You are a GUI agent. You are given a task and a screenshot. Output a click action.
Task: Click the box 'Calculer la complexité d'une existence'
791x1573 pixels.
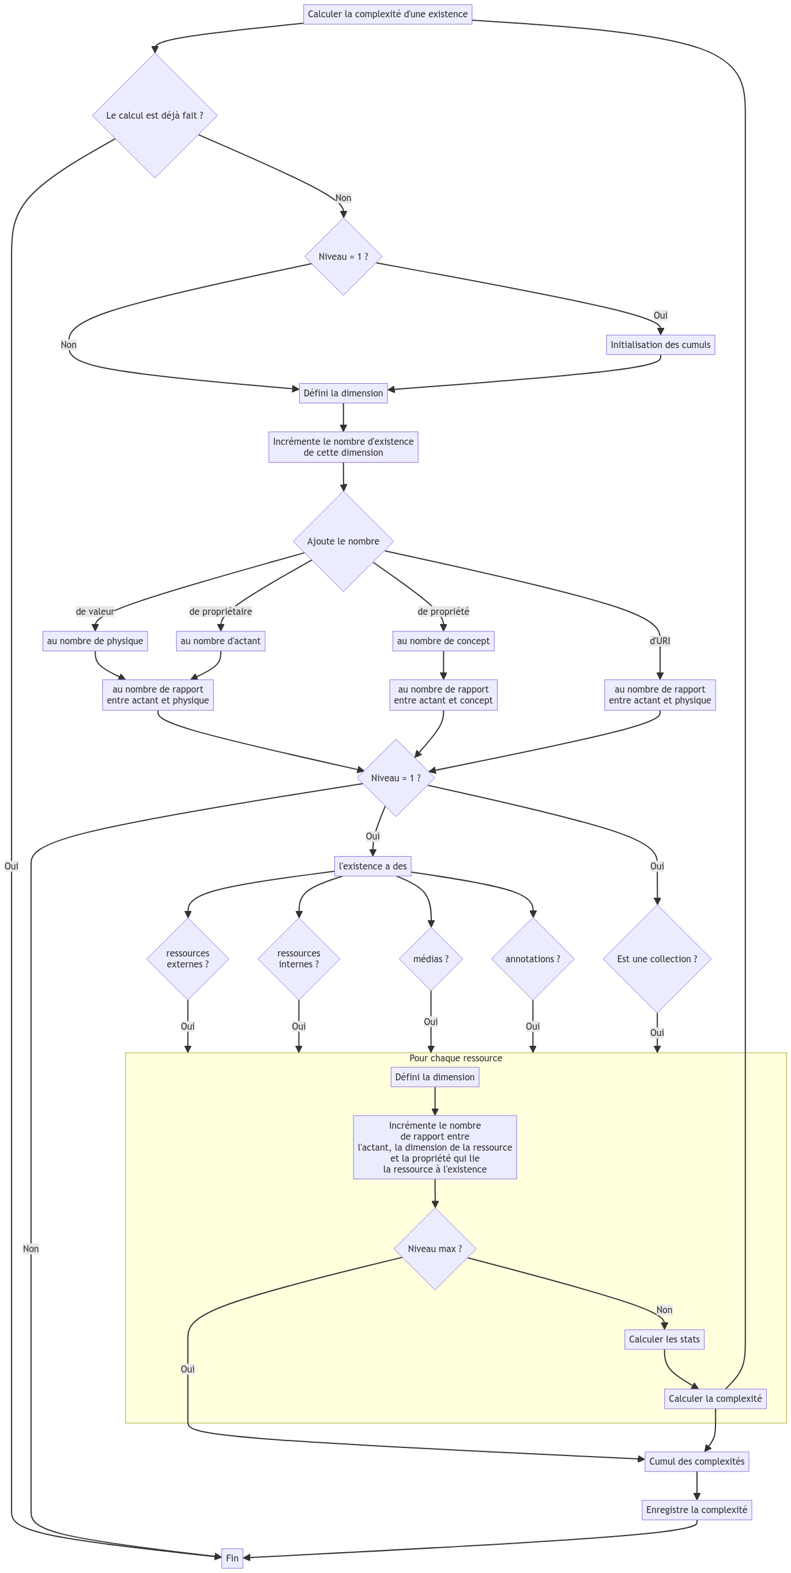tap(387, 14)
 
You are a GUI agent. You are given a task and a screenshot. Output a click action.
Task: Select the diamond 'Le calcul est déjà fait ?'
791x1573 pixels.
tap(155, 115)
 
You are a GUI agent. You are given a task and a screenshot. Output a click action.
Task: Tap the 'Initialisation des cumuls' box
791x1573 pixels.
tap(660, 345)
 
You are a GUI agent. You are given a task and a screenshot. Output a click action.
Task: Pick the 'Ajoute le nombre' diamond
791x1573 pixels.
tap(343, 541)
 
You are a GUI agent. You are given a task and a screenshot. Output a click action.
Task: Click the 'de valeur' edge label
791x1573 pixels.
tap(95, 611)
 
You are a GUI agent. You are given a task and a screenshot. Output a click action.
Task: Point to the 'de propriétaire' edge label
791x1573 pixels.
tap(220, 611)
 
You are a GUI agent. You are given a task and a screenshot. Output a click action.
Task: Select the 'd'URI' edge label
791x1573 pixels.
tap(660, 641)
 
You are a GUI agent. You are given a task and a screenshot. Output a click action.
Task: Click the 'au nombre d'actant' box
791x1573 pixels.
tap(220, 641)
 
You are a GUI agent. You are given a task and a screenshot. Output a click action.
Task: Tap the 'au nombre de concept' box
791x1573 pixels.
tap(443, 641)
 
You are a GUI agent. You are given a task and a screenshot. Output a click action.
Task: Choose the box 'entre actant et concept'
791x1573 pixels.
tap(443, 695)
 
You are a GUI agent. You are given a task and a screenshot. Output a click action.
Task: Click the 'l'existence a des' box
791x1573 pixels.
tap(372, 866)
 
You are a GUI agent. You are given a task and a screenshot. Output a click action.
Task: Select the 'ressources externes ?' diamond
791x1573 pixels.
tap(187, 959)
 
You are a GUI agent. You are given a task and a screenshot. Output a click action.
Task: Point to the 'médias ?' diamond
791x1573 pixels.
tap(431, 959)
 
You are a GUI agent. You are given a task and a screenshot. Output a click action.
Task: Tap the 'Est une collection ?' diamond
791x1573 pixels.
tap(657, 959)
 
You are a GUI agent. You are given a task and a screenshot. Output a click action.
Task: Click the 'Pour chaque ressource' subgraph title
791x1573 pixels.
tap(455, 1058)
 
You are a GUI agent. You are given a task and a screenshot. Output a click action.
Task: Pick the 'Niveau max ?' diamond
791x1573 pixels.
tap(435, 1249)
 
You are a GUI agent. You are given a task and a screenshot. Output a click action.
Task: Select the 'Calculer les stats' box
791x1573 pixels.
tap(664, 1339)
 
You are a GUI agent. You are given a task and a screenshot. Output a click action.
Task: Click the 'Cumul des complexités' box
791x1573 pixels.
tap(696, 1461)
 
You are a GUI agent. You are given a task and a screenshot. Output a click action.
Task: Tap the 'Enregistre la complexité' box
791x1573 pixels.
tap(696, 1510)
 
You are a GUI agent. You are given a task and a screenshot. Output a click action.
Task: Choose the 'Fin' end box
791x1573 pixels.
tap(232, 1558)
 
